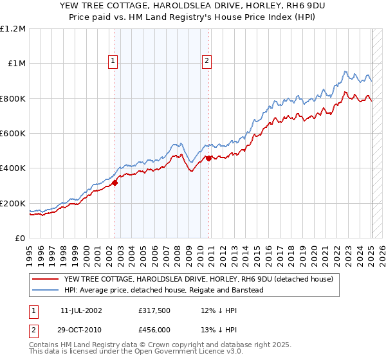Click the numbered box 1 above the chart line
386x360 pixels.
coord(113,61)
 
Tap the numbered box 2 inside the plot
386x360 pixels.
coord(207,61)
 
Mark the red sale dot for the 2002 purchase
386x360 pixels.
coord(115,183)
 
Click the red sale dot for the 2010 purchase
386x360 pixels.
coord(209,158)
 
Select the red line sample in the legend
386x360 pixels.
coord(45,280)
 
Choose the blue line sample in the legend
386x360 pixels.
coord(45,290)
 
